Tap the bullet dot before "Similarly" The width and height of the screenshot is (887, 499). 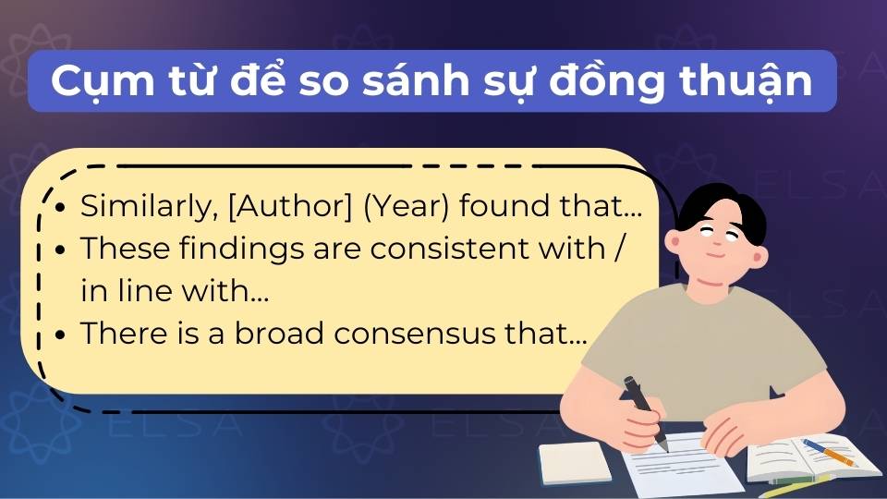[60, 208]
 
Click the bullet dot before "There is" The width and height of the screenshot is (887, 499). [60, 335]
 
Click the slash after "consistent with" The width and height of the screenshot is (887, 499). [630, 249]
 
